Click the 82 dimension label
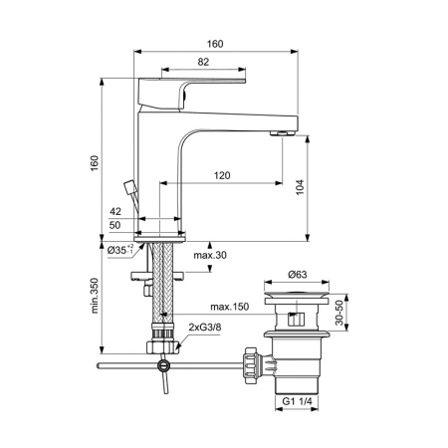coord(202,63)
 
